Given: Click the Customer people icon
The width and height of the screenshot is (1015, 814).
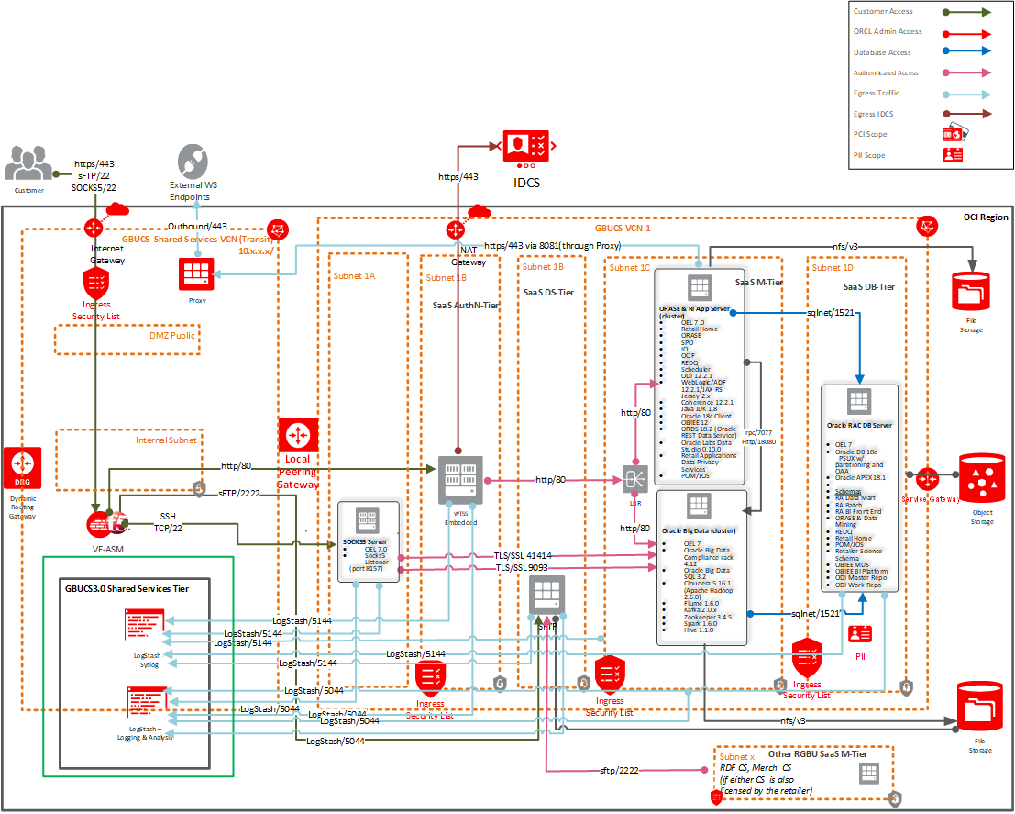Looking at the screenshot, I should (29, 163).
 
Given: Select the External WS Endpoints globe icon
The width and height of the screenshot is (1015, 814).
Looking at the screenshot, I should (193, 161).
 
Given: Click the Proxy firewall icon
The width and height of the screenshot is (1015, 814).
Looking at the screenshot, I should (196, 273).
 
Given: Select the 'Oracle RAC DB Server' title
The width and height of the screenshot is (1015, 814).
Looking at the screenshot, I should (859, 426).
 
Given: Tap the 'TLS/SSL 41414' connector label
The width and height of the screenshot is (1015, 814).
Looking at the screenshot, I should (524, 556).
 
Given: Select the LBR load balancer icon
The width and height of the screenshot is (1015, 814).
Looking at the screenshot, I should (634, 477).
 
